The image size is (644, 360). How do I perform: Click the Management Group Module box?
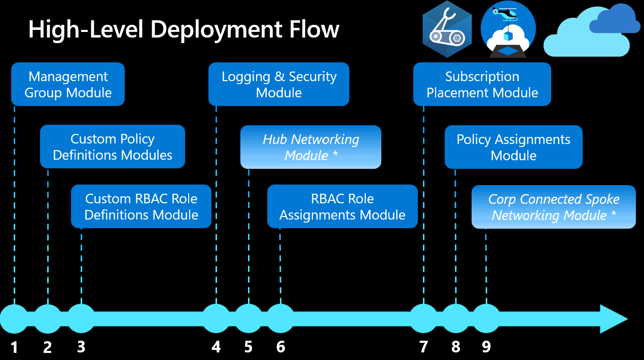[68, 84]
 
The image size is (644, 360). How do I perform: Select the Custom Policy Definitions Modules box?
[113, 147]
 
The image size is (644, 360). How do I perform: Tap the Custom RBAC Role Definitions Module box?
[141, 206]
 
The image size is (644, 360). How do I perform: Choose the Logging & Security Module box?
[279, 84]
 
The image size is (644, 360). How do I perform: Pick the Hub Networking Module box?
[310, 147]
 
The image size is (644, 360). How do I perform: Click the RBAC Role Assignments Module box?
[342, 206]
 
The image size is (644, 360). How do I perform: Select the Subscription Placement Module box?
[482, 84]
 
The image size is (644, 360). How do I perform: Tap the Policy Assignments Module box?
[514, 147]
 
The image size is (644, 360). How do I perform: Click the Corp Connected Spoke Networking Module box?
[554, 207]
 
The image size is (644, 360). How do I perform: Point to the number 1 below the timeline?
[14, 347]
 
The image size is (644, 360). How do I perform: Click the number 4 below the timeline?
[217, 347]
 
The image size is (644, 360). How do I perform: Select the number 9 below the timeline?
[486, 347]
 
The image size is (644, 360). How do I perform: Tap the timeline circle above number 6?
[280, 318]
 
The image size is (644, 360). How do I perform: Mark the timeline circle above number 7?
[423, 318]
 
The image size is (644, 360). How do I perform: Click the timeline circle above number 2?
[48, 318]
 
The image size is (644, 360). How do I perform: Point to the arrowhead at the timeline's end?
[615, 319]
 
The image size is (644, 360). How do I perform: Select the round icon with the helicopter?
[508, 29]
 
